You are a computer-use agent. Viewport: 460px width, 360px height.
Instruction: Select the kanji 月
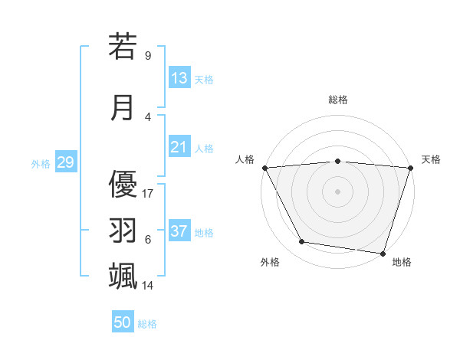[x=123, y=106]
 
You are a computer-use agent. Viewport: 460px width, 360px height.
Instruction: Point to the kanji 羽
[x=123, y=230]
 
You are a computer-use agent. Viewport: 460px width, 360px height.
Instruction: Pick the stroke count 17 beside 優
[x=148, y=193]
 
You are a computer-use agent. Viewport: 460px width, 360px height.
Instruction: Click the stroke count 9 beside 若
[x=148, y=56]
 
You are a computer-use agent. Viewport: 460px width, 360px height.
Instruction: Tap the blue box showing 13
[x=179, y=79]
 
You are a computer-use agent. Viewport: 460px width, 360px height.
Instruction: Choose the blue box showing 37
[x=179, y=232]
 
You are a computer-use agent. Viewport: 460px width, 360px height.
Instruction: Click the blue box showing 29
[x=65, y=163]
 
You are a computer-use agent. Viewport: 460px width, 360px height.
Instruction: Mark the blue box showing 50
[x=123, y=323]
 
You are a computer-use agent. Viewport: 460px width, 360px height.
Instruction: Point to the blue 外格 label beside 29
[x=41, y=164]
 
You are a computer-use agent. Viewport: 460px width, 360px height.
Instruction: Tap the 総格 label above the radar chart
[x=338, y=100]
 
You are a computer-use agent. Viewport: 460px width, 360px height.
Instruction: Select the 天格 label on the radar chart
[x=432, y=159]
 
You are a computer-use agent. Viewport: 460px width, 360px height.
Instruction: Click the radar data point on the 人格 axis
[x=265, y=167]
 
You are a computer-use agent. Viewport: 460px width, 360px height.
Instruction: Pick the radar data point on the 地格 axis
[x=383, y=253]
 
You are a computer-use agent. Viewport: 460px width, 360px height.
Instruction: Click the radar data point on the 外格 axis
[x=302, y=242]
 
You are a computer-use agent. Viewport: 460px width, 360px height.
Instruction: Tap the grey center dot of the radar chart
[x=337, y=191]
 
